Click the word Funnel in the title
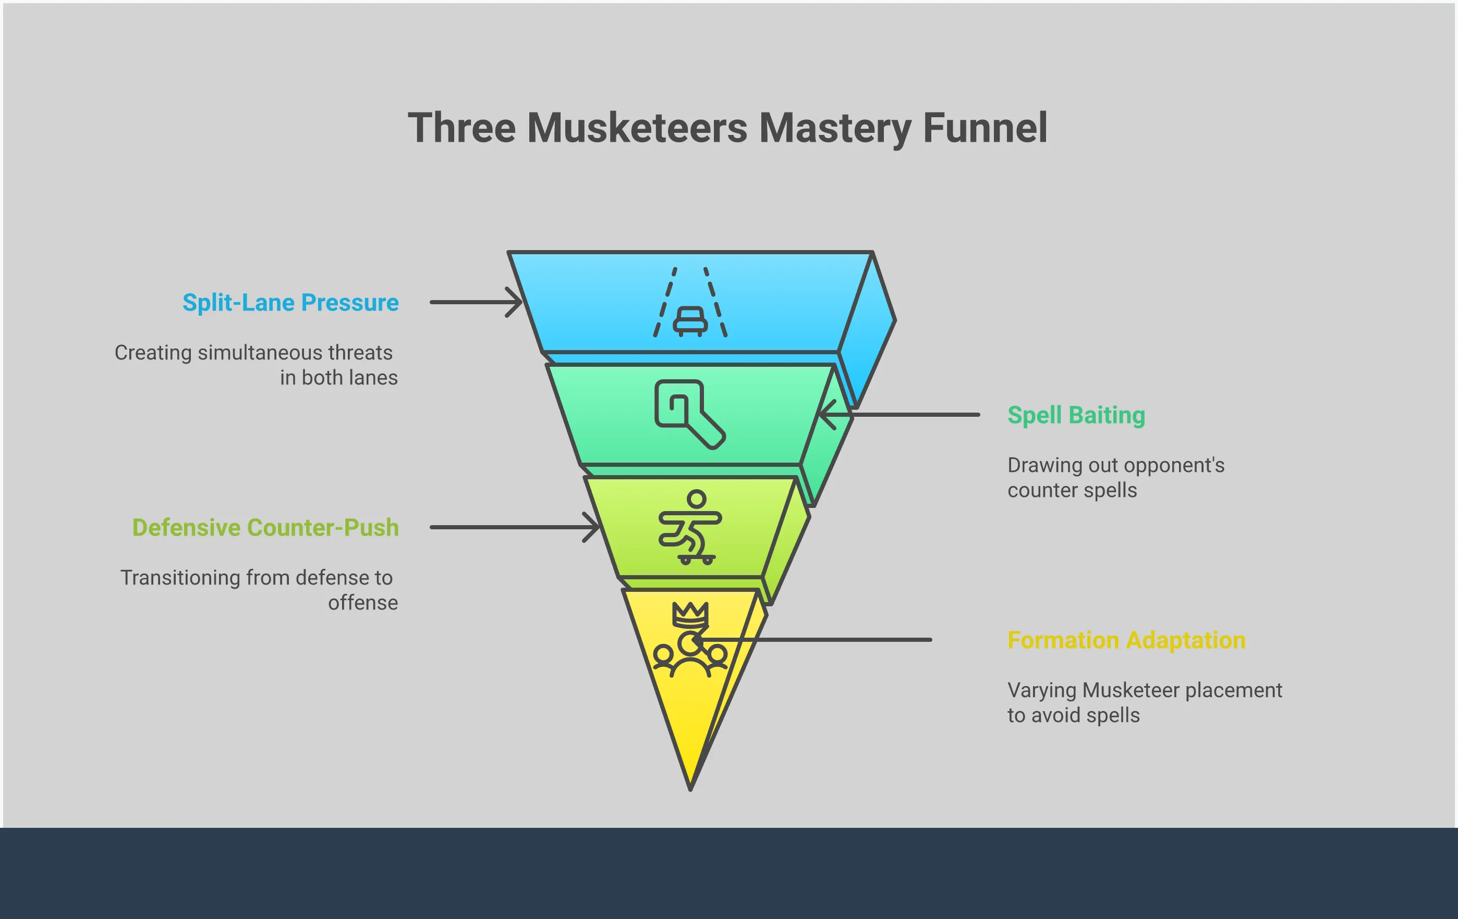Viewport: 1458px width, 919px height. pyautogui.click(x=985, y=128)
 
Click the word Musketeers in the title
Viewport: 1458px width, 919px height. pyautogui.click(x=637, y=128)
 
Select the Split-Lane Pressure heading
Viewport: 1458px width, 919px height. pyautogui.click(x=290, y=303)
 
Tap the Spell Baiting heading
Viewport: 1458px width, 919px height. pyautogui.click(x=1076, y=415)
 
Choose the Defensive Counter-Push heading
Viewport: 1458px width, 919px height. pyautogui.click(x=265, y=528)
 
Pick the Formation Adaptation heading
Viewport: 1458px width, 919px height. pyautogui.click(x=1126, y=640)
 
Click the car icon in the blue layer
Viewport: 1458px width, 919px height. pyautogui.click(x=690, y=320)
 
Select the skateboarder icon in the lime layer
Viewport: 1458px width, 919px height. pyautogui.click(x=690, y=527)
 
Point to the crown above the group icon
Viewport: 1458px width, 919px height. pyautogui.click(x=690, y=615)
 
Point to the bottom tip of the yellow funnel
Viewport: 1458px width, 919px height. pyautogui.click(x=690, y=787)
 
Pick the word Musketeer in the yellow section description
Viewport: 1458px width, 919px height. pyautogui.click(x=1130, y=690)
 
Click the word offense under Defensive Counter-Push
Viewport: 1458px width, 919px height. pyautogui.click(x=363, y=603)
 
